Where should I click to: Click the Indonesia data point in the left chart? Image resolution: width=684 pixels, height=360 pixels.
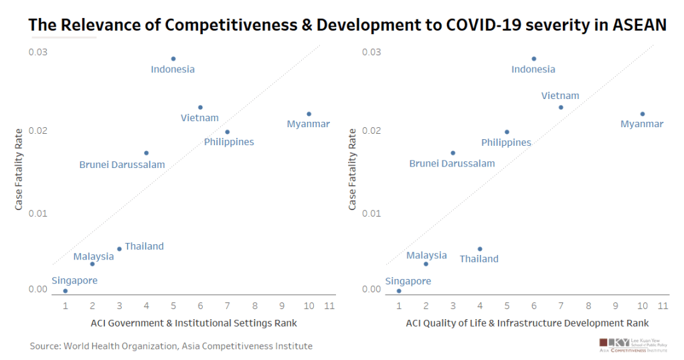[173, 59]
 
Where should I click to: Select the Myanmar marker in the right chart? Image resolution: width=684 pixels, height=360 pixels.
[643, 114]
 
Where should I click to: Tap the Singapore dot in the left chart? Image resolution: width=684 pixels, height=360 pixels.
[65, 291]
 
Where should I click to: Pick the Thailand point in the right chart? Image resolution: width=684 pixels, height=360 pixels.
[480, 249]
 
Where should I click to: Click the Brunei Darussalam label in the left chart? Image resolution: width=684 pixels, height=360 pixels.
[122, 165]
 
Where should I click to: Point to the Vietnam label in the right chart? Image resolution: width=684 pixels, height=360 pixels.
[560, 96]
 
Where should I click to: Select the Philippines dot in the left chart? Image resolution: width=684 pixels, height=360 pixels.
[228, 132]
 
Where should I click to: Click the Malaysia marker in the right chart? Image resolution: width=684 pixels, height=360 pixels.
[426, 264]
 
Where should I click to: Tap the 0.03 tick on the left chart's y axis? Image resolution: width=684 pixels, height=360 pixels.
[38, 52]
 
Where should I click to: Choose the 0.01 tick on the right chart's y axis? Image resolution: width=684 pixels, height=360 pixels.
[372, 213]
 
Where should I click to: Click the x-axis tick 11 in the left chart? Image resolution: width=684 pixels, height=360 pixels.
[329, 306]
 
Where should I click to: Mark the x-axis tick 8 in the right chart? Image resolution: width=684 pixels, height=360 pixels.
[588, 306]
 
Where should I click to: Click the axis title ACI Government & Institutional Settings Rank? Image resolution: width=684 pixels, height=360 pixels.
[193, 323]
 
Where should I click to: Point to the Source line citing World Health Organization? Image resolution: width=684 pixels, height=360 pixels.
[171, 346]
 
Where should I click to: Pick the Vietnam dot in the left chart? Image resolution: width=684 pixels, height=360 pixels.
[200, 107]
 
